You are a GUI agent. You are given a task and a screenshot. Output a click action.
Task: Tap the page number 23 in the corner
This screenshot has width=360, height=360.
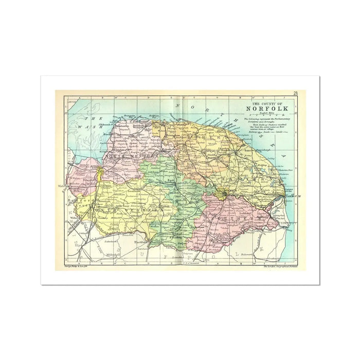295,93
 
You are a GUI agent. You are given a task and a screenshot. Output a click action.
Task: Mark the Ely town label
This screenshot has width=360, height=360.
78,246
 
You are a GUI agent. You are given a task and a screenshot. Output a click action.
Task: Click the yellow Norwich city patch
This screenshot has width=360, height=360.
222,194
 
